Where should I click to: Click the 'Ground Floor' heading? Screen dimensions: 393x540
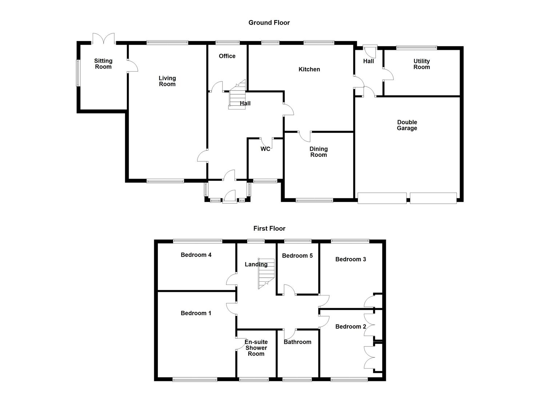(x=269, y=23)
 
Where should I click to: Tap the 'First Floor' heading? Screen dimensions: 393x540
(x=269, y=229)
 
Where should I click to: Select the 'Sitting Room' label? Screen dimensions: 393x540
(x=103, y=64)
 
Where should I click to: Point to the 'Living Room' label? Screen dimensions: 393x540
(x=167, y=81)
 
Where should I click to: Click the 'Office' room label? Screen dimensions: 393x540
(x=227, y=56)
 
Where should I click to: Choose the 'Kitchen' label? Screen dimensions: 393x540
(x=309, y=69)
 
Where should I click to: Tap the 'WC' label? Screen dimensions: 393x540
(x=265, y=149)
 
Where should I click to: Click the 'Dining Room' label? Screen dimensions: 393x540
(x=319, y=152)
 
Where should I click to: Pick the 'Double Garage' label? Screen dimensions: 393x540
(x=407, y=125)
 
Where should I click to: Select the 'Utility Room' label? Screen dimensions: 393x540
(x=421, y=64)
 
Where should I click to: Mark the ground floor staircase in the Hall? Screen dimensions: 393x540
(x=237, y=95)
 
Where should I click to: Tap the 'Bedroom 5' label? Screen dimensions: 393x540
(x=297, y=255)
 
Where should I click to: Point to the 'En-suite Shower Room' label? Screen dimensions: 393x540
(x=256, y=348)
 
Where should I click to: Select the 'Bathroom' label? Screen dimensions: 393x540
(x=297, y=342)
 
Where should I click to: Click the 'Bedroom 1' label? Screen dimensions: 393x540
(x=196, y=313)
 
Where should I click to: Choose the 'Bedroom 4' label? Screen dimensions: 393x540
(x=196, y=255)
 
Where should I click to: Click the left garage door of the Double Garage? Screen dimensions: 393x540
(x=382, y=198)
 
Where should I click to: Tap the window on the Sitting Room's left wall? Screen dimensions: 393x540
(x=77, y=73)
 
